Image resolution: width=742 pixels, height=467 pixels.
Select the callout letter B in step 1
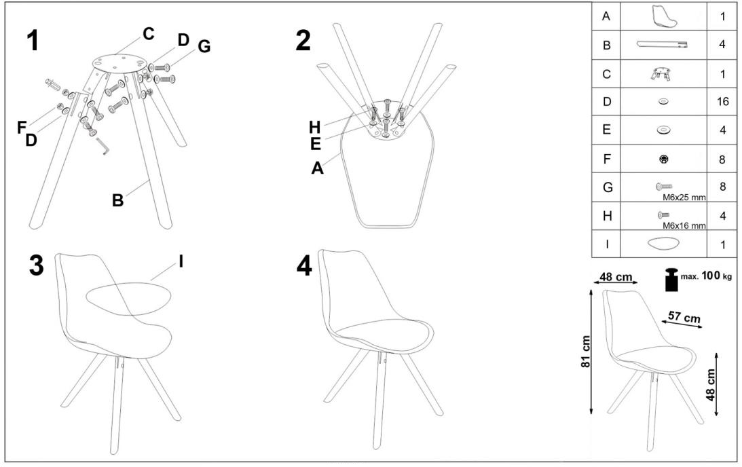click(x=117, y=200)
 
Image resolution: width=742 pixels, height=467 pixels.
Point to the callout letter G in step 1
click(x=204, y=46)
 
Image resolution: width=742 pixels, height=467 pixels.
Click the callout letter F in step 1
click(x=21, y=128)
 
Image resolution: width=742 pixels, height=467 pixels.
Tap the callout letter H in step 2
click(x=315, y=128)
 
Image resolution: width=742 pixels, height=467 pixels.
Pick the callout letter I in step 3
click(x=181, y=261)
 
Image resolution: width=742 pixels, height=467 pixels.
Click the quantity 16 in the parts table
click(x=722, y=102)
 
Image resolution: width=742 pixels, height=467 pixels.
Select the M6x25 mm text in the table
click(x=684, y=198)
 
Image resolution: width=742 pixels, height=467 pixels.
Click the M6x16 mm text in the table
click(x=684, y=225)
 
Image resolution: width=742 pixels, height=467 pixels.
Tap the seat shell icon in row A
click(x=663, y=16)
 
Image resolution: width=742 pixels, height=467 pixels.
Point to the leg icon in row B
click(x=662, y=45)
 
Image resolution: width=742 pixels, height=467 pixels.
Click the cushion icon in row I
click(x=663, y=244)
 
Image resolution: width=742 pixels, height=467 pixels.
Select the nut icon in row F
click(x=663, y=160)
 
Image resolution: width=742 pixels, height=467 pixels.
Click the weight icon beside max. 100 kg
click(x=671, y=280)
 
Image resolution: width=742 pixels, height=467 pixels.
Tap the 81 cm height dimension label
click(x=585, y=352)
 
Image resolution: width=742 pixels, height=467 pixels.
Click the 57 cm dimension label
click(x=684, y=316)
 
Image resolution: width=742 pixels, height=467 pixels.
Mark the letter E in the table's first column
click(x=606, y=130)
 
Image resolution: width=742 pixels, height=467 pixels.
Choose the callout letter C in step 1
click(x=149, y=34)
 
